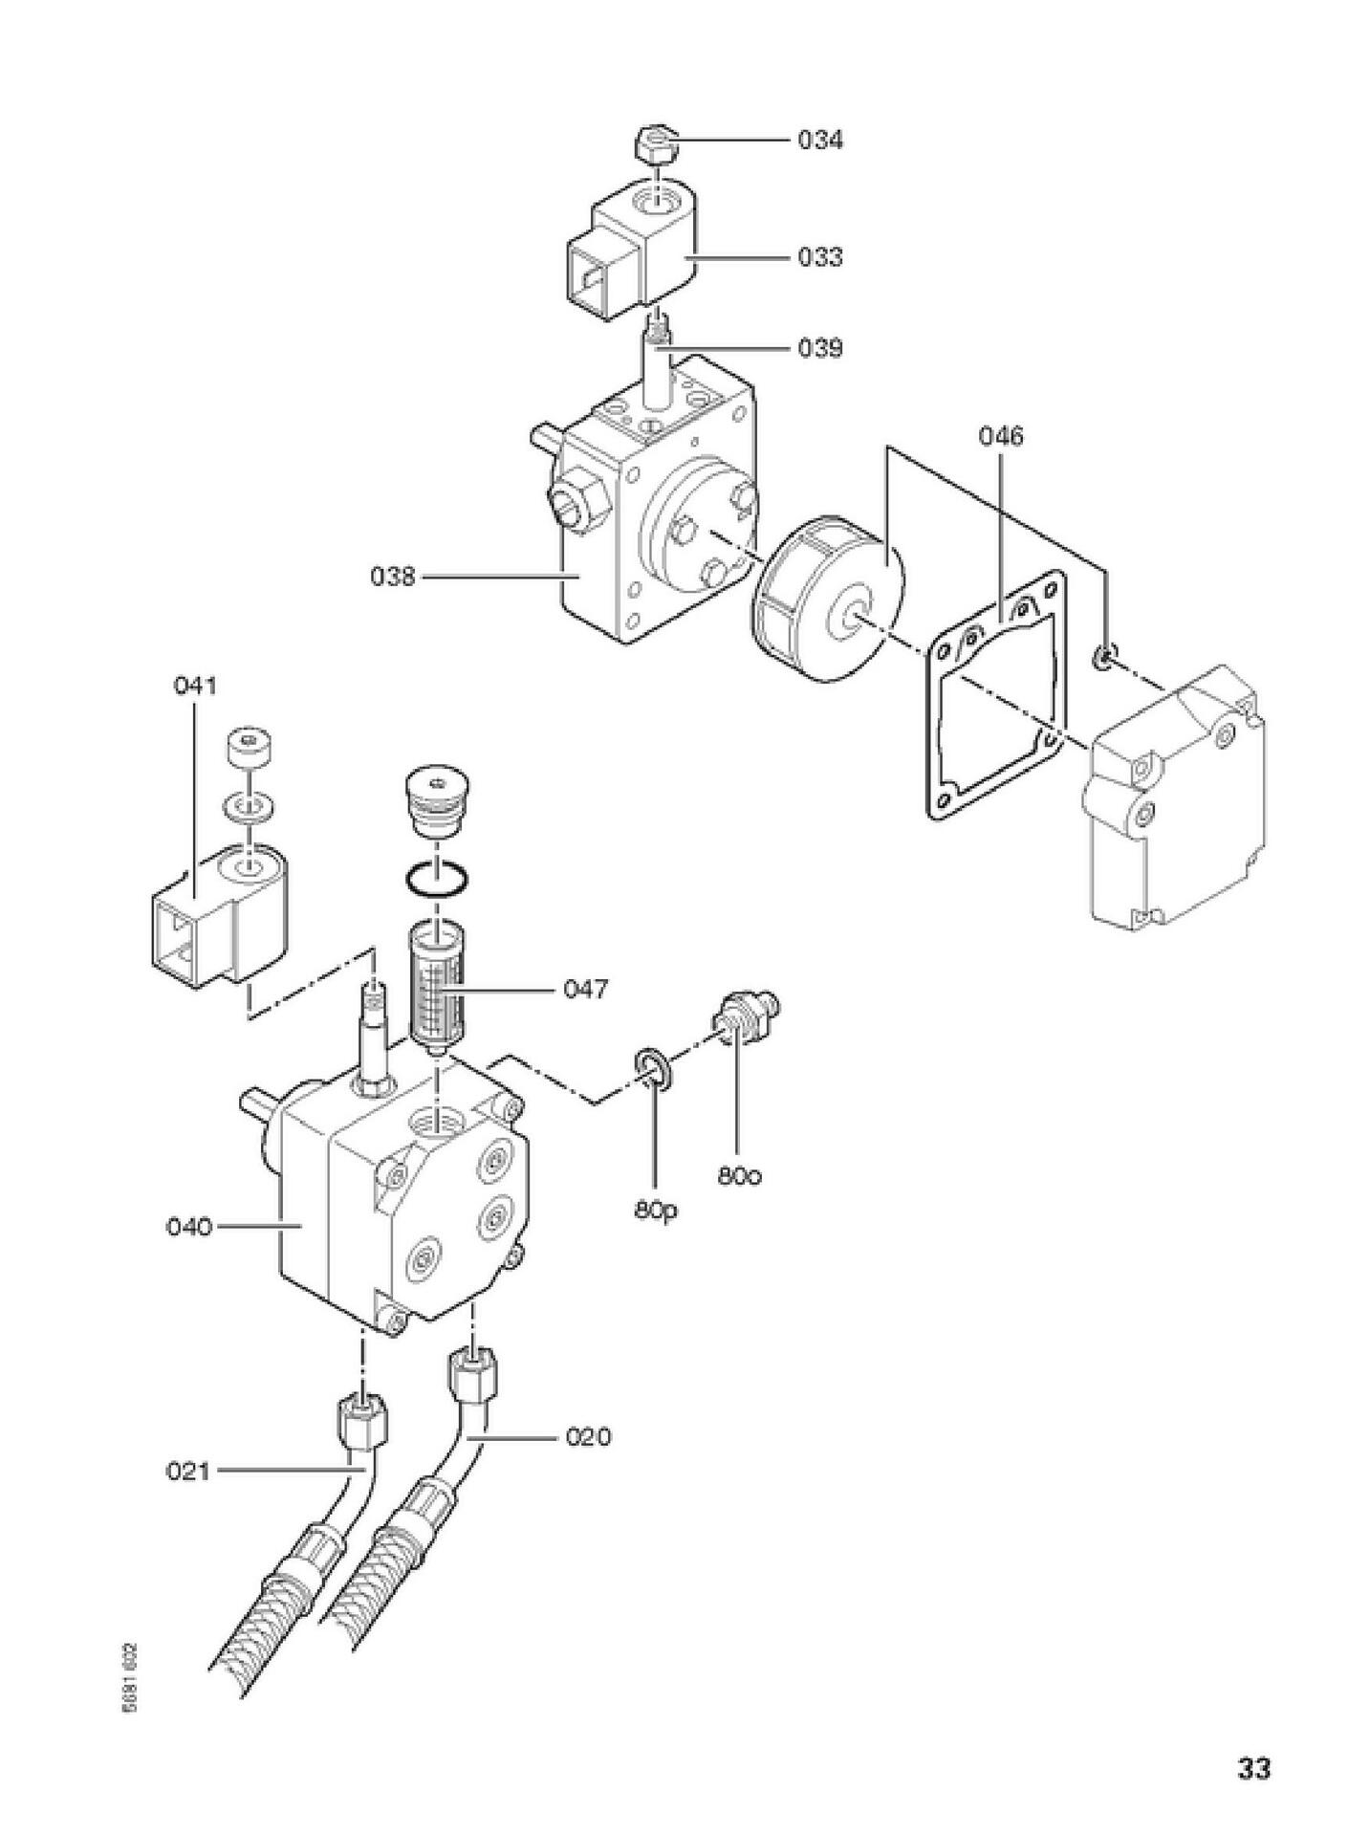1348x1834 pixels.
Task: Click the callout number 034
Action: point(820,141)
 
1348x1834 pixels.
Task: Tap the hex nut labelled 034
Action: point(657,148)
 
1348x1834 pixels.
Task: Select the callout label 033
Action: point(820,257)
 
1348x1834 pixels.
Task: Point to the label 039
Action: point(820,348)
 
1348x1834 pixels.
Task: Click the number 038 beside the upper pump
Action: point(394,577)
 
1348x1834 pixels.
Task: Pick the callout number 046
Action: point(1000,436)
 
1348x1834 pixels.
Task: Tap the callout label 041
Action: point(195,686)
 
